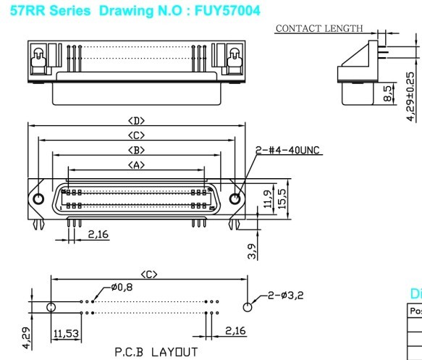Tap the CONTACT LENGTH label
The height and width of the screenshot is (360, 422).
[318, 28]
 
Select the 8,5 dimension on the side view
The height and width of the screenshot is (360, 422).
[387, 93]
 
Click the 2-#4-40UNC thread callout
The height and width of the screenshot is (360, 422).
[289, 151]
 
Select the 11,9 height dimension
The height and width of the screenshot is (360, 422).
[269, 198]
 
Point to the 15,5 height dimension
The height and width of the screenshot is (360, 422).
[284, 196]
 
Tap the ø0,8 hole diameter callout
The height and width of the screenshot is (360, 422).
[122, 287]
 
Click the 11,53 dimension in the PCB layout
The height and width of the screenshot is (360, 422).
[66, 333]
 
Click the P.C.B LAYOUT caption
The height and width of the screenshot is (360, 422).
[156, 352]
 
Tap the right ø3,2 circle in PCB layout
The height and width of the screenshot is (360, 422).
[248, 307]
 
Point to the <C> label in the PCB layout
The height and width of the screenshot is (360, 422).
[149, 274]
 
